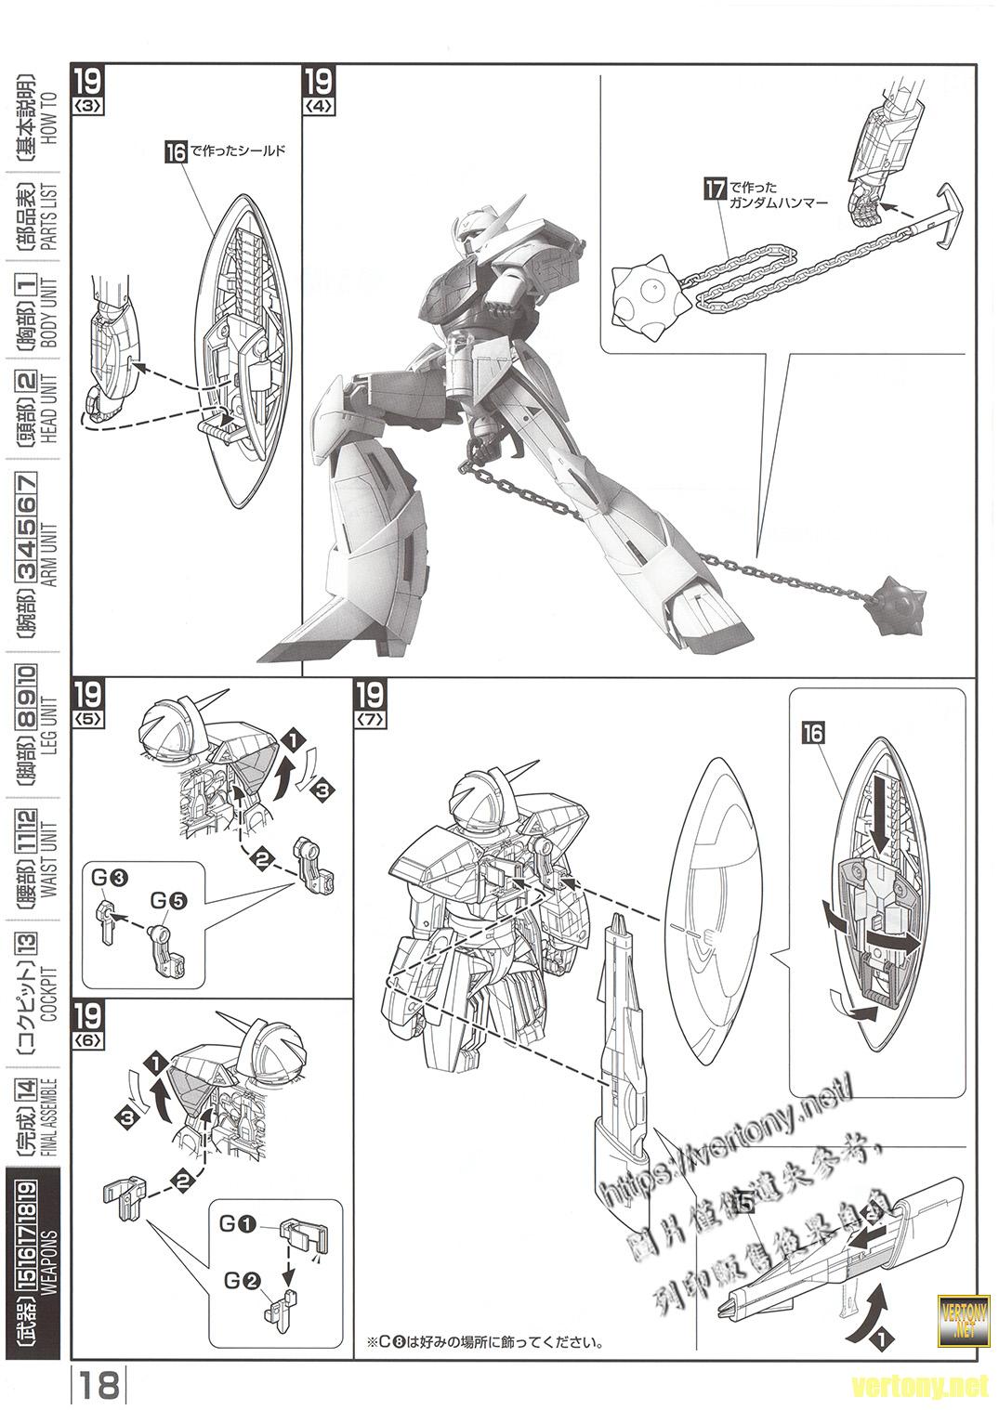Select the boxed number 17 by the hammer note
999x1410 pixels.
[714, 191]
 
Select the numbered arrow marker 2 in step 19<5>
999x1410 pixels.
[263, 861]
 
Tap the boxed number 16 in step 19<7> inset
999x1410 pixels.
[813, 733]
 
